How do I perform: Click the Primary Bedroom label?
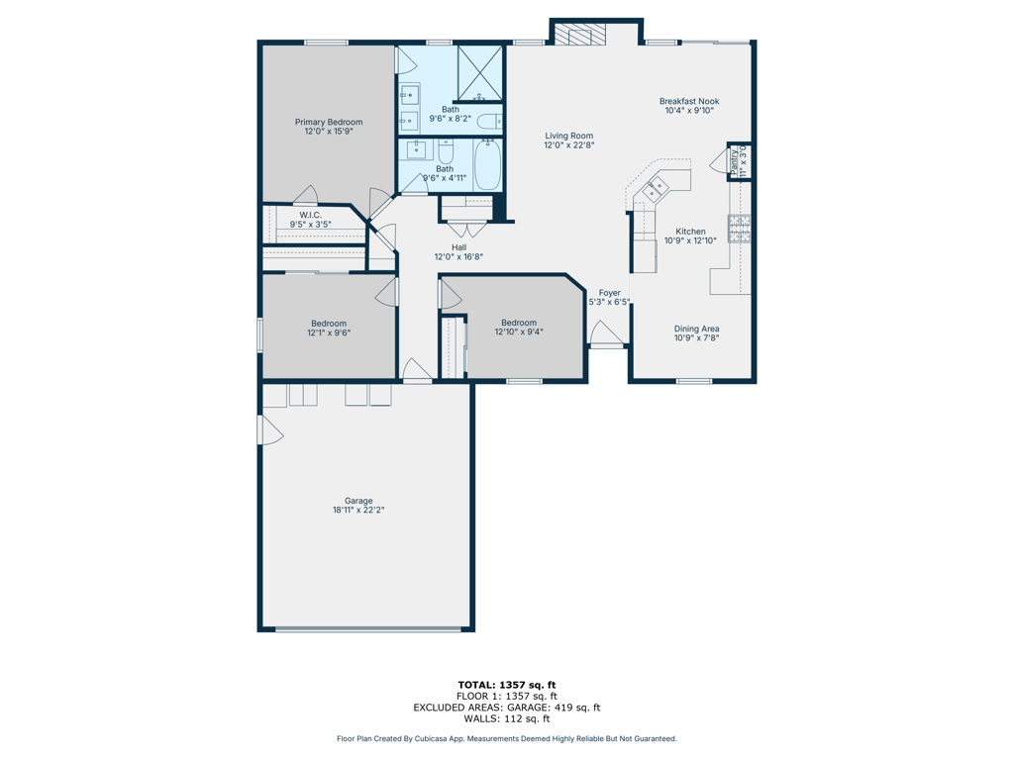(x=329, y=122)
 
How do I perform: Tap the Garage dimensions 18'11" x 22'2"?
(x=358, y=510)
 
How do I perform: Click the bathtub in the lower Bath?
(x=487, y=165)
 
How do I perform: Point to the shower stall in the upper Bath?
(x=480, y=72)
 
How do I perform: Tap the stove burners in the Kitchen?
(x=739, y=229)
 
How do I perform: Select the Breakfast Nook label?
(x=689, y=101)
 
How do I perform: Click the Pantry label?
(x=734, y=161)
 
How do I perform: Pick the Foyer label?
(x=609, y=293)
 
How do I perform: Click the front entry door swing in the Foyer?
(x=606, y=332)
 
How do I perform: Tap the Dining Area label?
(x=696, y=329)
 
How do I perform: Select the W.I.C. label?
(x=310, y=215)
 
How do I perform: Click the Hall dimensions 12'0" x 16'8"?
(x=458, y=256)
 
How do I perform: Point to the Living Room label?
(x=569, y=136)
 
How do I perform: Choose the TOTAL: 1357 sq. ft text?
(x=507, y=685)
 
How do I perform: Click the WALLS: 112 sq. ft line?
(x=507, y=718)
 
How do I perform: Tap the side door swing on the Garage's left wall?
(x=271, y=429)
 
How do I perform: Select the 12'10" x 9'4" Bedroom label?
(x=519, y=328)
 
